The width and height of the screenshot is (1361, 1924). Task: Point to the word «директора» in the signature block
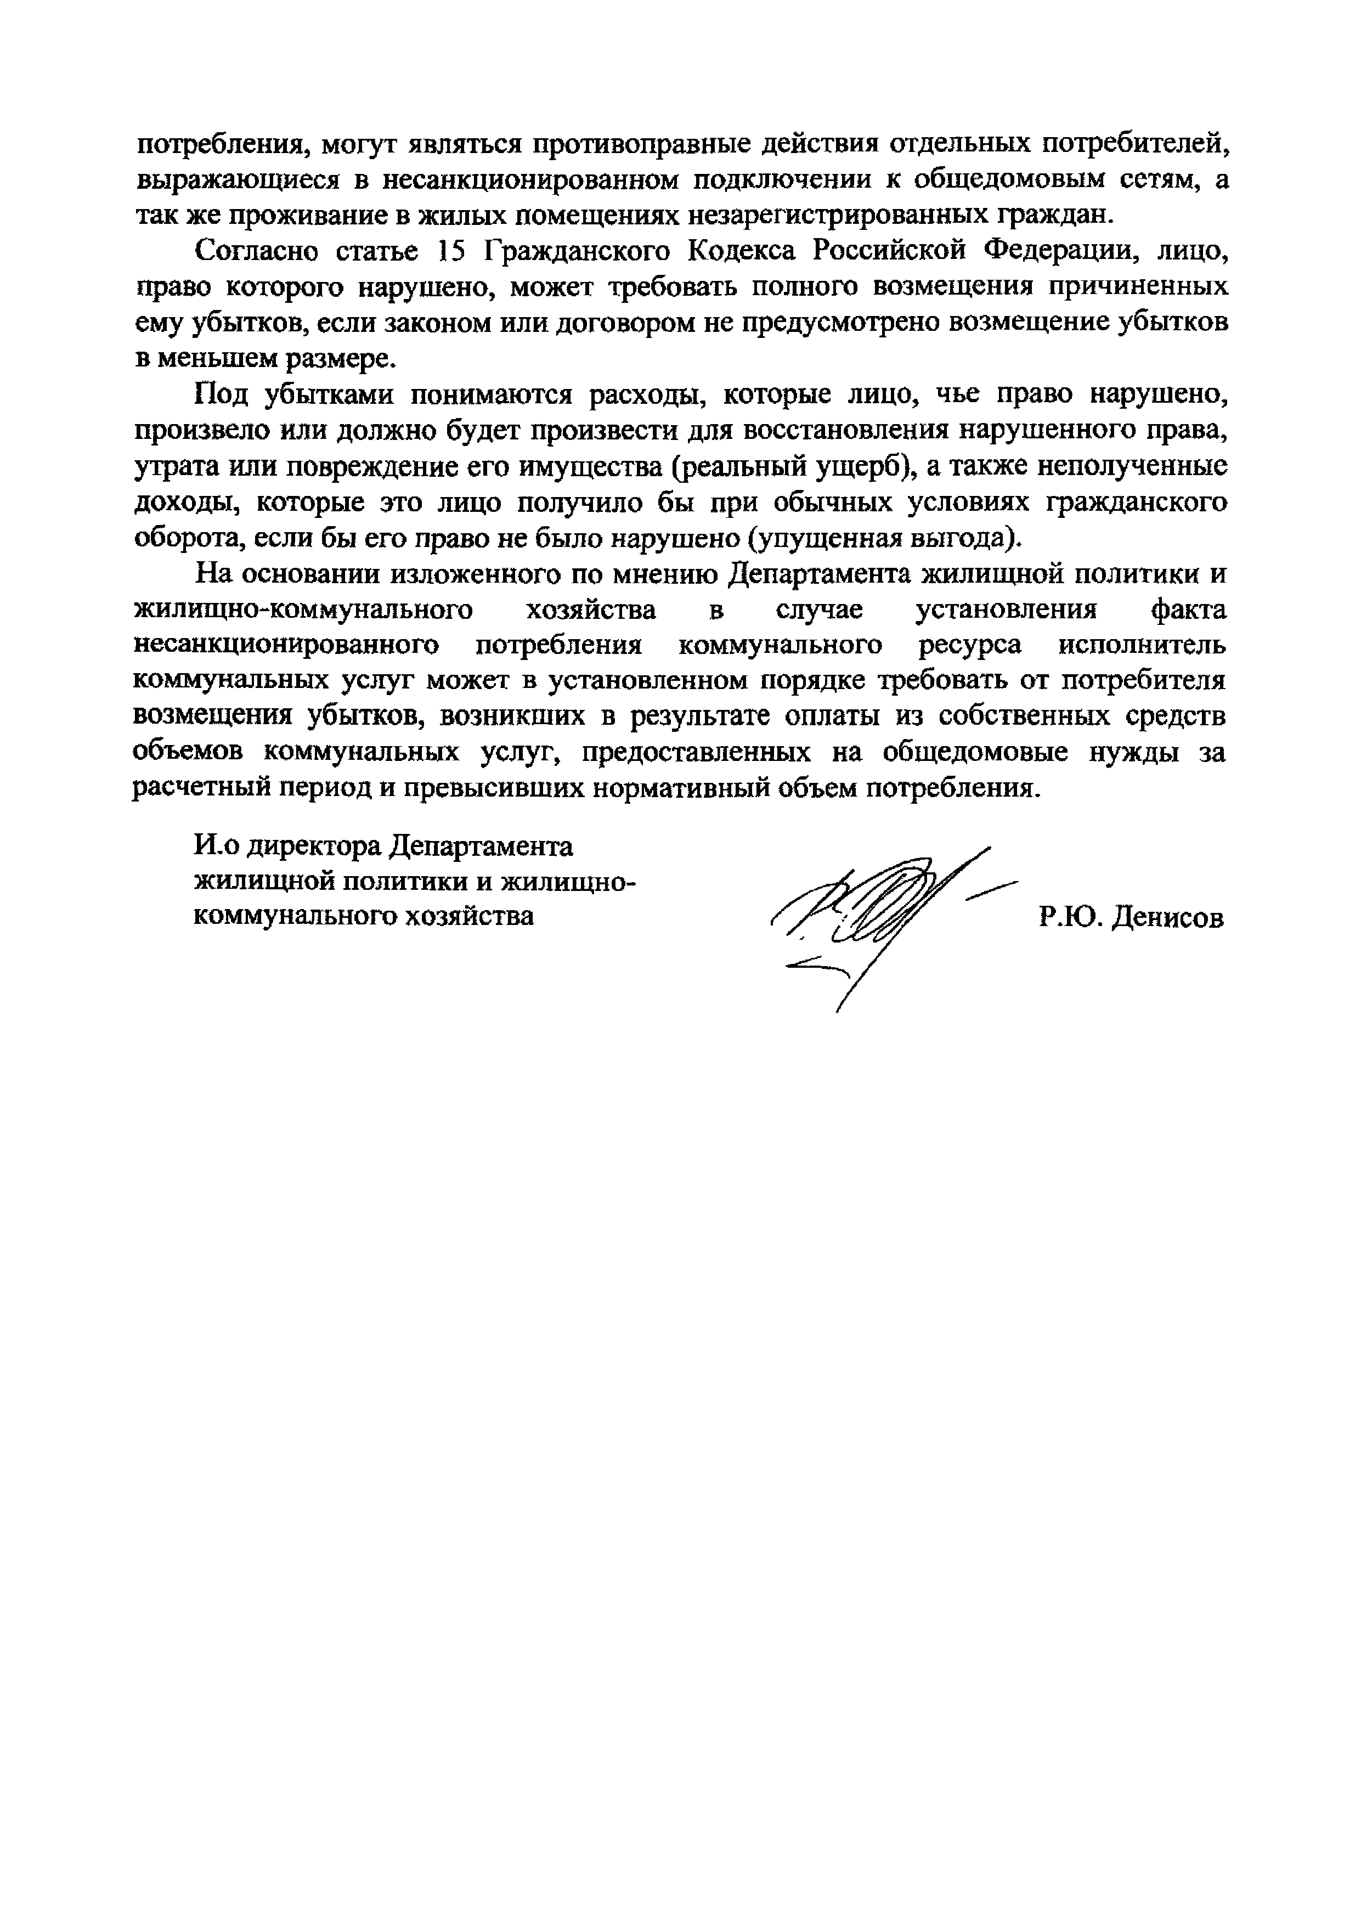319,847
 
